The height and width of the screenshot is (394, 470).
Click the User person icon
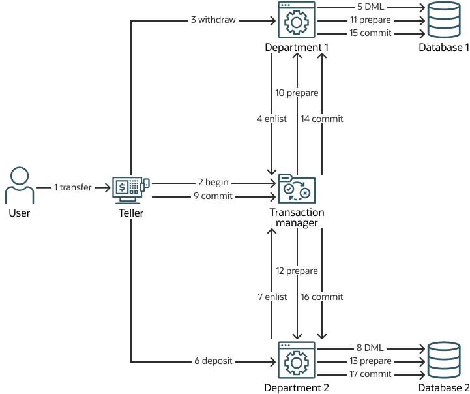click(19, 185)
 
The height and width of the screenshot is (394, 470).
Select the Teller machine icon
click(130, 188)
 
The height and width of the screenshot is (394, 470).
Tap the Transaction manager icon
click(297, 189)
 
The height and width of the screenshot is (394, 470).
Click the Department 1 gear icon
click(297, 21)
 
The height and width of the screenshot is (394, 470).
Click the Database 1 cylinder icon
click(443, 21)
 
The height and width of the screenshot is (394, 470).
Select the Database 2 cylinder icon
click(443, 361)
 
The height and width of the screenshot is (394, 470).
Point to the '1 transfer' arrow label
click(73, 188)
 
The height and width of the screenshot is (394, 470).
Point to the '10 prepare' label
click(297, 93)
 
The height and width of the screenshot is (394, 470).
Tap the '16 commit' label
click(321, 297)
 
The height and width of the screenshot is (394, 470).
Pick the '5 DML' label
click(369, 8)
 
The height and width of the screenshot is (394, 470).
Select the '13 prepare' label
click(369, 361)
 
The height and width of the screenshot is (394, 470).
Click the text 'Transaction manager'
click(297, 218)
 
